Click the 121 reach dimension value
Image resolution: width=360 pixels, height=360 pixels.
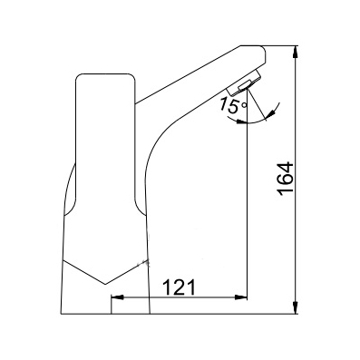pos(180,287)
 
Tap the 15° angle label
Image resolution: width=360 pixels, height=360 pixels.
pos(234,106)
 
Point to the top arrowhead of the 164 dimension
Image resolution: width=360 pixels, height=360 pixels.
pos(296,52)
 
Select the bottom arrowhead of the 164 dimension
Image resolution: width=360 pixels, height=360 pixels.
pos(296,308)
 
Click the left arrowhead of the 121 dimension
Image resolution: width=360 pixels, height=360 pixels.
pos(117,297)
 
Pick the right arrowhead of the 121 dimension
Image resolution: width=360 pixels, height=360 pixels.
pos(241,297)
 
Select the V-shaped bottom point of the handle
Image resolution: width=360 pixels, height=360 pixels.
pos(105,284)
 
